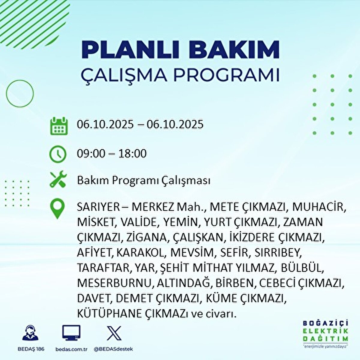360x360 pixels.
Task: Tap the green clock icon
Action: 58,154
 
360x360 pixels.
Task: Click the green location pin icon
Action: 57,209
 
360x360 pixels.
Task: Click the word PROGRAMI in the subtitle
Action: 226,75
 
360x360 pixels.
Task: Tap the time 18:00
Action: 132,154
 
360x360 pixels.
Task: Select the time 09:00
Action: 91,154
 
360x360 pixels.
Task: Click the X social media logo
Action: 114,333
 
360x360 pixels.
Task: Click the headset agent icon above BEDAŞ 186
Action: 30,333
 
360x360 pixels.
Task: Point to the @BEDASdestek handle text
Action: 113,349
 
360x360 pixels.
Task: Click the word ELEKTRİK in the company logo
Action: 326,331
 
